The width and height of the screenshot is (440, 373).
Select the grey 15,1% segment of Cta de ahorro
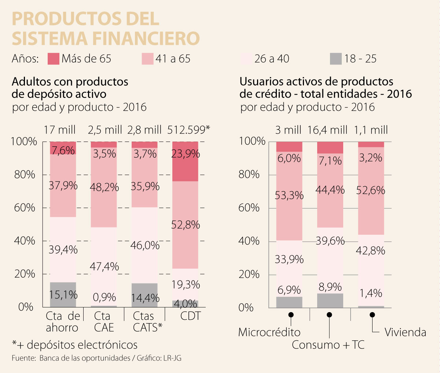click(63, 295)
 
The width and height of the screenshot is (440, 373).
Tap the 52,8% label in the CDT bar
click(186, 224)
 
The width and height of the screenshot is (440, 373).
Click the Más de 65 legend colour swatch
click(54, 59)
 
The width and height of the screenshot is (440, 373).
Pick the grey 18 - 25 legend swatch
click(335, 59)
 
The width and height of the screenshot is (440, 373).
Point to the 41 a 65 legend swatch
click(147, 59)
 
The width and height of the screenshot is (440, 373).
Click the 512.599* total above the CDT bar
click(188, 130)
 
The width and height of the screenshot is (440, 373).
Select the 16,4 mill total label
click(328, 130)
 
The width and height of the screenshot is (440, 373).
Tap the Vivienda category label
click(405, 332)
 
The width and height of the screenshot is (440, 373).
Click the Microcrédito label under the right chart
click(269, 332)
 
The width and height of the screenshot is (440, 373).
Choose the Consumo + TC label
click(328, 345)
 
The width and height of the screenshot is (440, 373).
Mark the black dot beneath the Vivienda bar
click(372, 315)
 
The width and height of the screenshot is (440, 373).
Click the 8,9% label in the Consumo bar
click(330, 287)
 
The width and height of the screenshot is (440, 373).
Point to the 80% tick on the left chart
click(25, 175)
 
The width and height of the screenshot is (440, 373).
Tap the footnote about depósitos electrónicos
click(75, 345)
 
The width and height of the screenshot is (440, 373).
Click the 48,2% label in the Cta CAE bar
click(104, 187)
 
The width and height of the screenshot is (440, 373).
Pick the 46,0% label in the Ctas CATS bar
click(145, 245)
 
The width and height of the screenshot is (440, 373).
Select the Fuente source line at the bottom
click(96, 358)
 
